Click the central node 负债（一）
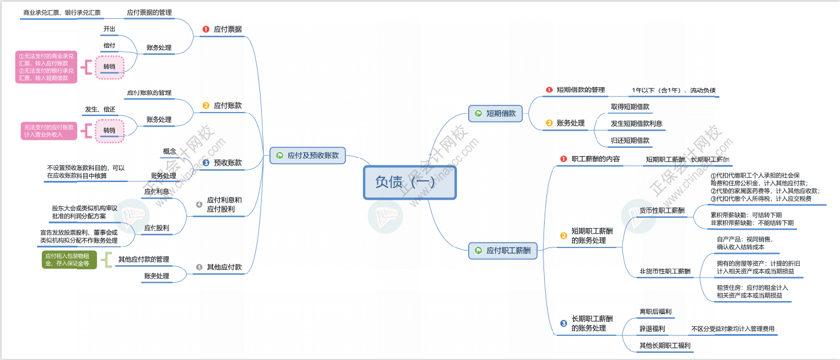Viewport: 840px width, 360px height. point(409,182)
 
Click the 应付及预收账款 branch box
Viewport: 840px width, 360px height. point(307,156)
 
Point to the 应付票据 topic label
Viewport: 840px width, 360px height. point(227,28)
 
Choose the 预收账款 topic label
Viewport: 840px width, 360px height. point(227,163)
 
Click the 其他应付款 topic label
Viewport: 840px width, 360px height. point(224,267)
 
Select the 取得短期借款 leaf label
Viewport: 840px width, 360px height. point(630,107)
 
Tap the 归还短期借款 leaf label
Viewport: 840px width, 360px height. point(630,140)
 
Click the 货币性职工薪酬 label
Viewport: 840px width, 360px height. point(662,210)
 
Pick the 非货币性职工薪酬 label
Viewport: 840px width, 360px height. point(665,271)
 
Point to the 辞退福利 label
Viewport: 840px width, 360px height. point(652,328)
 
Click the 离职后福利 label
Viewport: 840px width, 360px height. point(655,311)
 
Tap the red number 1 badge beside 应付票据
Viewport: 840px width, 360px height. point(206,29)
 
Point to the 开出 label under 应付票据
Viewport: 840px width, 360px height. point(110,28)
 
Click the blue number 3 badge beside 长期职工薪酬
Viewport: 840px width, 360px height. point(564,323)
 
